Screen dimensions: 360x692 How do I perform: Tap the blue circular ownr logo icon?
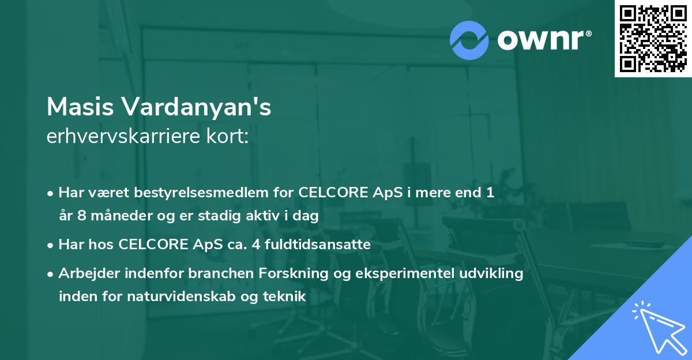(469, 40)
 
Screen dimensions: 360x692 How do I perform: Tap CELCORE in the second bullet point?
(153, 245)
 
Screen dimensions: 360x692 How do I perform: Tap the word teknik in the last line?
(284, 297)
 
